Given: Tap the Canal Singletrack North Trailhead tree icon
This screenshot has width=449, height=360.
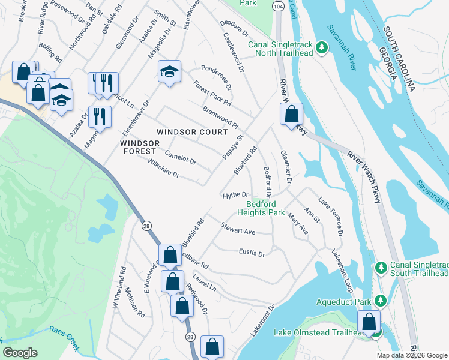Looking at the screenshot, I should (321, 47).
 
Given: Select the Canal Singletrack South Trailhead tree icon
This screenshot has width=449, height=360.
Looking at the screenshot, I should (379, 266).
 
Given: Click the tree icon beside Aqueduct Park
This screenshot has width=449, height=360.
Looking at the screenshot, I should (379, 299).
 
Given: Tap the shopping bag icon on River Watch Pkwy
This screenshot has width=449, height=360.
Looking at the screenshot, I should (291, 113).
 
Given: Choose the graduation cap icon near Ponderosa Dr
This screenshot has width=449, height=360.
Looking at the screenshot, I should (170, 71).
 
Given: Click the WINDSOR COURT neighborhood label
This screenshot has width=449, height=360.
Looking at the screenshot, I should (192, 132).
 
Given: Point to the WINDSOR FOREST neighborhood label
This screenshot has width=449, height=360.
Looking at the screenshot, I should (139, 148).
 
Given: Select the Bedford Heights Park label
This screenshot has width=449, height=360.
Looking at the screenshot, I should (261, 208).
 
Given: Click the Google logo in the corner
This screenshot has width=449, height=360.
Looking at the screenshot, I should (20, 352).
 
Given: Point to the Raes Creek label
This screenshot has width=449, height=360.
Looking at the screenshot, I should (65, 331).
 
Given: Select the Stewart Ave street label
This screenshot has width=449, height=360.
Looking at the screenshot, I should (238, 229).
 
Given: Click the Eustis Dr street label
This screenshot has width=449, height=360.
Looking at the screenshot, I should (252, 253).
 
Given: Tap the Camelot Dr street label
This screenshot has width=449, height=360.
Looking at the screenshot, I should (180, 157).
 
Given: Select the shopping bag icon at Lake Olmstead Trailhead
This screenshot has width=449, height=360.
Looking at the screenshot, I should (369, 321).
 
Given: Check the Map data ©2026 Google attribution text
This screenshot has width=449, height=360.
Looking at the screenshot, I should (412, 355).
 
